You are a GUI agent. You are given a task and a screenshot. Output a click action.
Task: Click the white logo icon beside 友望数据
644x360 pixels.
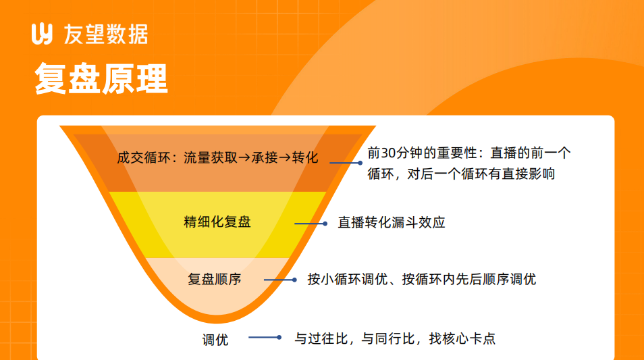(x=42, y=34)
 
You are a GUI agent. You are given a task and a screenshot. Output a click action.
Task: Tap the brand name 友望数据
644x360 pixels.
(x=106, y=34)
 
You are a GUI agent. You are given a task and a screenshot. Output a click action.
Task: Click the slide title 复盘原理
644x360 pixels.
(x=101, y=78)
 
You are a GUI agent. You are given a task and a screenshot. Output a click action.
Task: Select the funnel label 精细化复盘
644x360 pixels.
(x=217, y=222)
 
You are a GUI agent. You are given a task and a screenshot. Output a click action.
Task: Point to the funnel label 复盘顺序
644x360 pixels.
(x=215, y=280)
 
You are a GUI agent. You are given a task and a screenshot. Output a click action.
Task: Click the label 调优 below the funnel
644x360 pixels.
(x=215, y=340)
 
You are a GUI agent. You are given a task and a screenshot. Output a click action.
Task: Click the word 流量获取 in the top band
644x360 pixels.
(x=211, y=157)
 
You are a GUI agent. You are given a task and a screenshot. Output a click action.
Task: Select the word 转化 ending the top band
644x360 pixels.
(x=305, y=157)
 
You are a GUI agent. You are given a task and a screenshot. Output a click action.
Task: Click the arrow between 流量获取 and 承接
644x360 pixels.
(x=244, y=158)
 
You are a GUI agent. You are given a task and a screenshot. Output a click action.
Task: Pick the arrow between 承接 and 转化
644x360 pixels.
(x=285, y=158)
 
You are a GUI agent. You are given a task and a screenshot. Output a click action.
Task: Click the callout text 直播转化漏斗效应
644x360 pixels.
(x=392, y=223)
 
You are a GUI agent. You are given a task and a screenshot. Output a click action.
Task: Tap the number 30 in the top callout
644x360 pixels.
(x=388, y=153)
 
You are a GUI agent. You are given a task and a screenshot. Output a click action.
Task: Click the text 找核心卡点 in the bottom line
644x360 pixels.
(x=462, y=338)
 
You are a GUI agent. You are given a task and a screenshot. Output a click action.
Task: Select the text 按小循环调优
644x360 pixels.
(x=348, y=280)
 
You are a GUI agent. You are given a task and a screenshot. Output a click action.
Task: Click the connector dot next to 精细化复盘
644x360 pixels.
(x=325, y=224)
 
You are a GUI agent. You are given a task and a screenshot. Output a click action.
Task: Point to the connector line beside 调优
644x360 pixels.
(x=265, y=338)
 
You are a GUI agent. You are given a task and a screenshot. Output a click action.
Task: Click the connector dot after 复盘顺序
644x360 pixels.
(x=294, y=280)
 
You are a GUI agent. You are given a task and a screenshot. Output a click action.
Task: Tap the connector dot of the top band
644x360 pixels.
(x=360, y=163)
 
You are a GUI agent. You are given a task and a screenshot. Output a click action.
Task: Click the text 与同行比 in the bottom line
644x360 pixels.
(x=388, y=338)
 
